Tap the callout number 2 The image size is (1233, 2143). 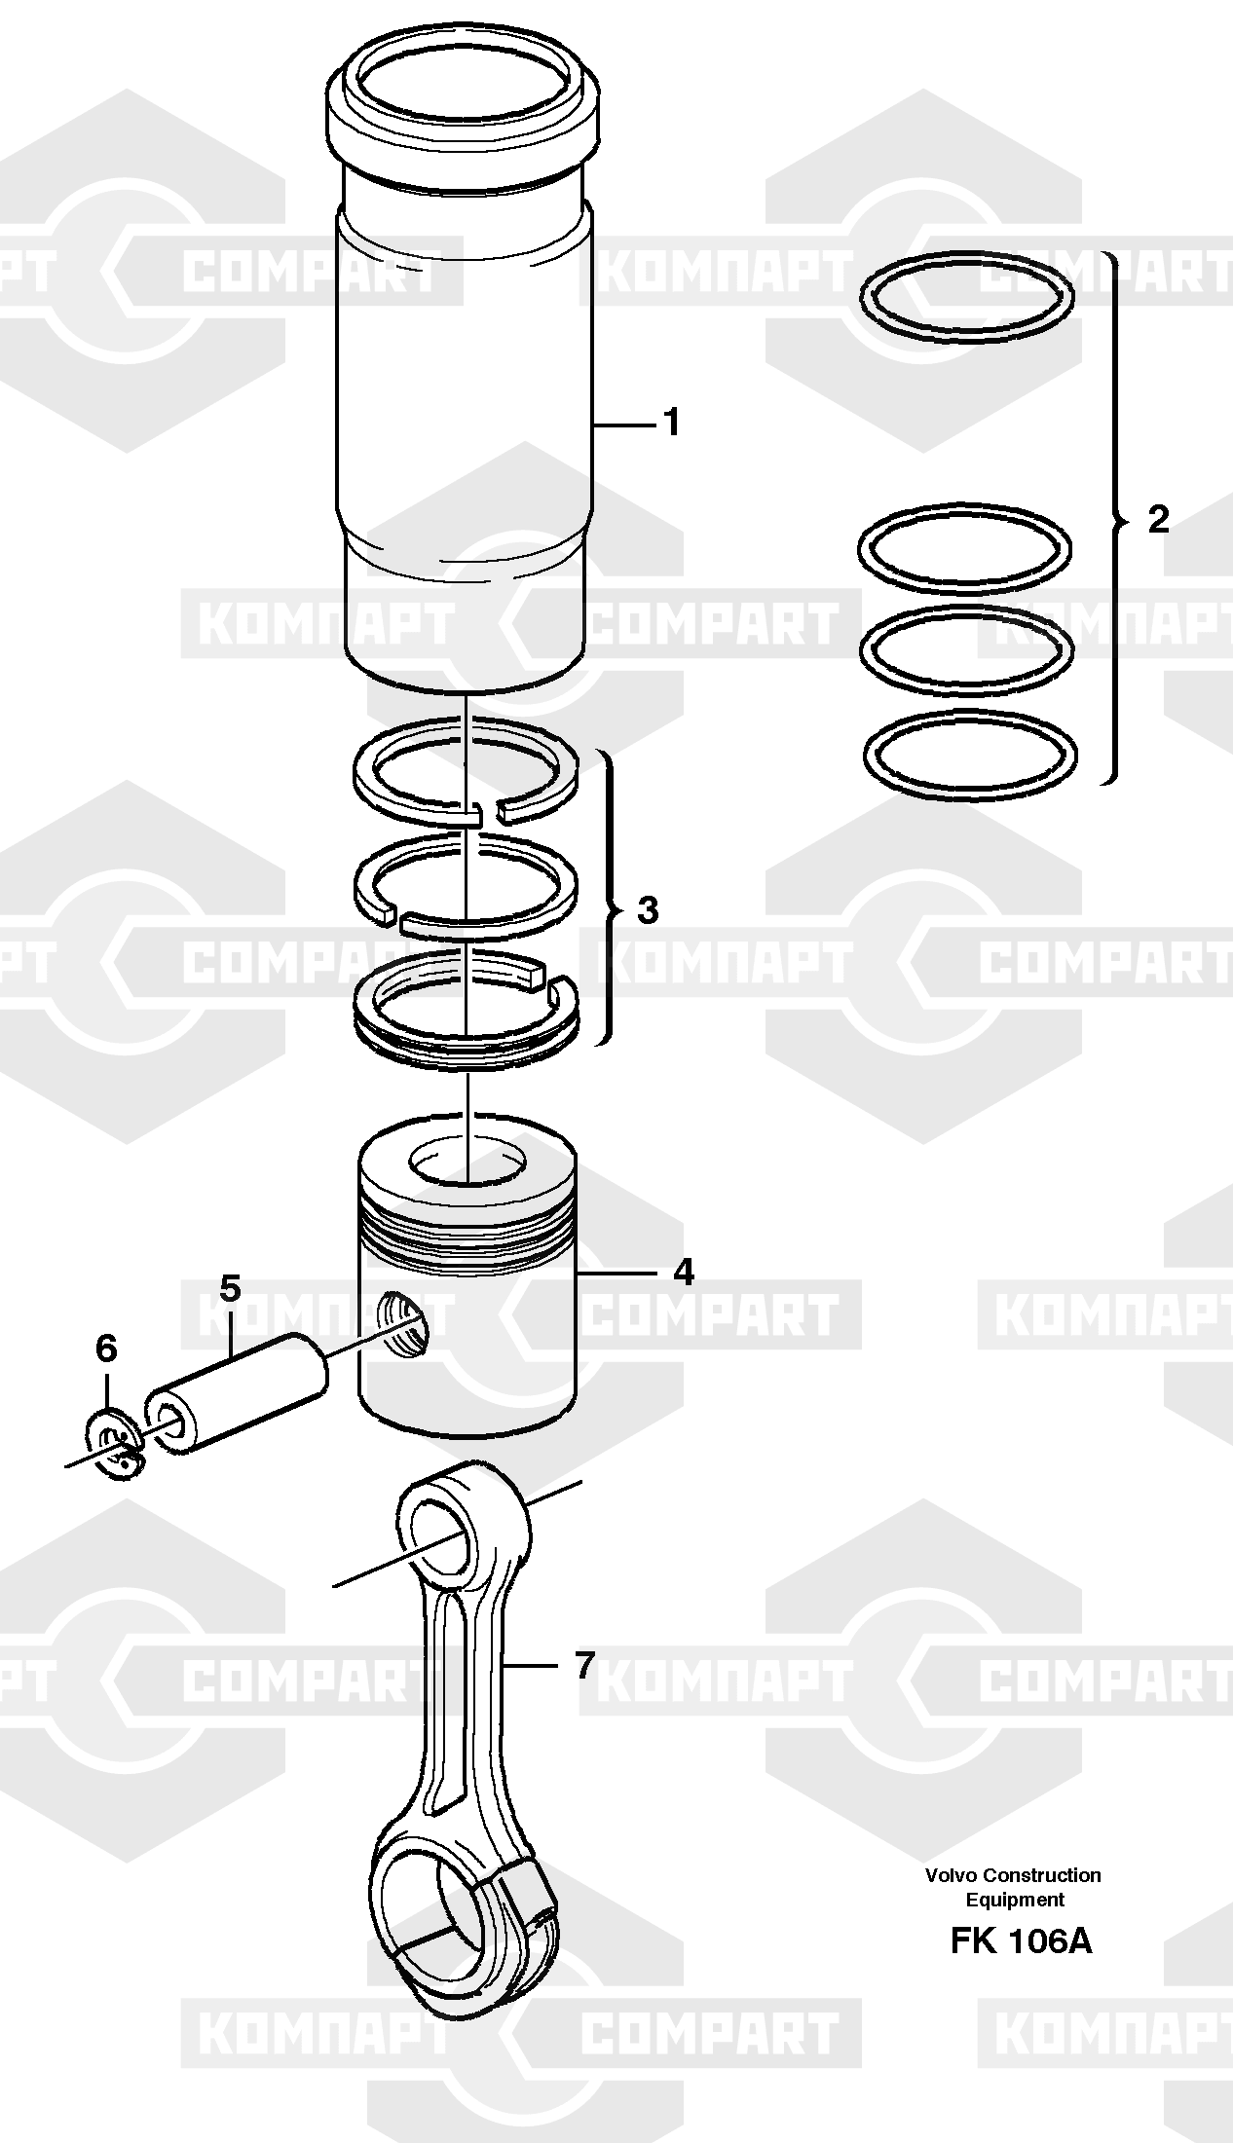pos(1158,519)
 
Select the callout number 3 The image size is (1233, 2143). pos(648,911)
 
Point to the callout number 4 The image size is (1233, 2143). pos(684,1272)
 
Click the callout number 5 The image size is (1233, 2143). pos(229,1288)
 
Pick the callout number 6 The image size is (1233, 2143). pos(106,1349)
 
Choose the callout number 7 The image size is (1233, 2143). pos(583,1665)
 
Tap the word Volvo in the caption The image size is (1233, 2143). pos(952,1875)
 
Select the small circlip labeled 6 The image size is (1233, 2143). pos(115,1444)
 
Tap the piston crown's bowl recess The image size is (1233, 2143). pos(467,1164)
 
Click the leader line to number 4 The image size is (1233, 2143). pos(619,1274)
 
